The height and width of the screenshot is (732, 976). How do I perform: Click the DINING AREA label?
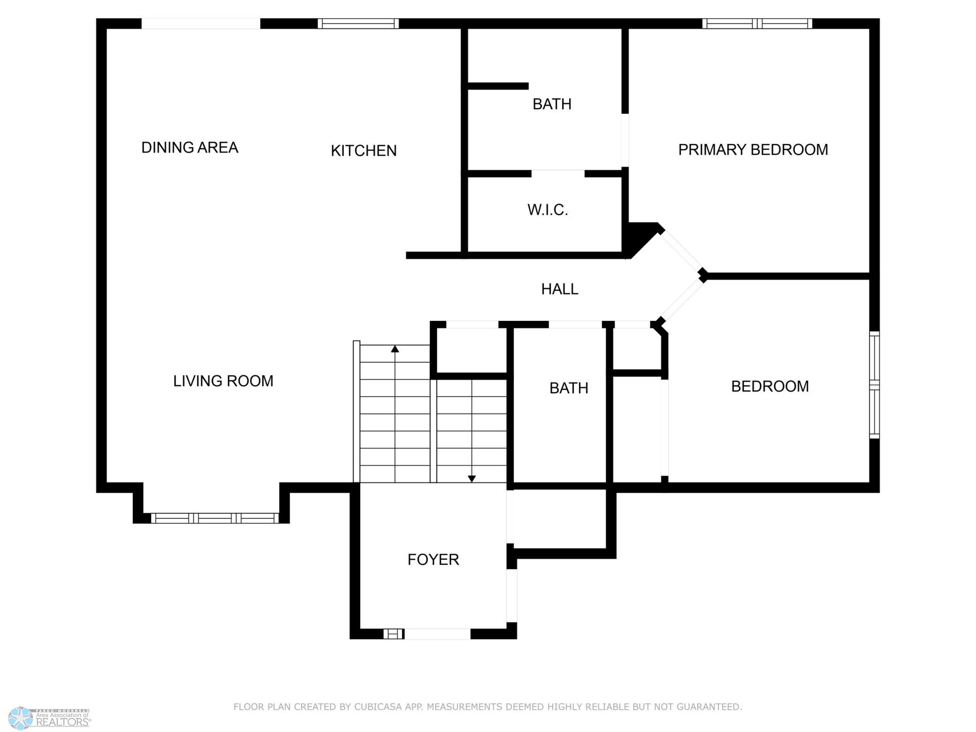click(x=190, y=147)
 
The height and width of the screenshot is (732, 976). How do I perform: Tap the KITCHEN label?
click(x=364, y=151)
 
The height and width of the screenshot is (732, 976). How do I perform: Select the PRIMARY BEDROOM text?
click(x=753, y=150)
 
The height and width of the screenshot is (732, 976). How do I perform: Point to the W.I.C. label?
click(x=548, y=210)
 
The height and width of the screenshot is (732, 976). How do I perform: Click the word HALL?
click(x=560, y=289)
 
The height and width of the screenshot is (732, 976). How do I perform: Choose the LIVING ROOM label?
click(x=223, y=381)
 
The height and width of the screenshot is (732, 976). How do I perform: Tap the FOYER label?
click(x=433, y=559)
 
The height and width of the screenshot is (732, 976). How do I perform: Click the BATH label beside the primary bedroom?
click(x=552, y=104)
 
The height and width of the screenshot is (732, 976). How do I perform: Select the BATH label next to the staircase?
click(x=569, y=388)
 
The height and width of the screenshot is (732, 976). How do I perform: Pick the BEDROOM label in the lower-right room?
click(x=770, y=386)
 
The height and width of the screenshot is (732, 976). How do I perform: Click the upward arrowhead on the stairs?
click(x=395, y=349)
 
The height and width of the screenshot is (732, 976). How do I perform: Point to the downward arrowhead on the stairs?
click(x=472, y=479)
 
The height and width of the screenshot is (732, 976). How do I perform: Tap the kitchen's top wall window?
click(x=358, y=23)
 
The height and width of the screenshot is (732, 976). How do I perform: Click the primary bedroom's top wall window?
click(x=757, y=23)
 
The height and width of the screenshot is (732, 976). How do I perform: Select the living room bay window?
click(x=215, y=518)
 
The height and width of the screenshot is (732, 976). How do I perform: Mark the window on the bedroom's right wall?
click(x=874, y=385)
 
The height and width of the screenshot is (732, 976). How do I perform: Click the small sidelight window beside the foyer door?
click(x=394, y=634)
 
